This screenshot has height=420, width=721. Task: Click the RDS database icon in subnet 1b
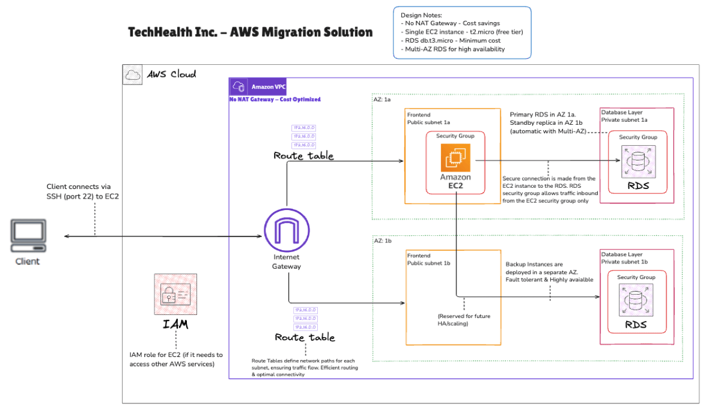pyautogui.click(x=636, y=301)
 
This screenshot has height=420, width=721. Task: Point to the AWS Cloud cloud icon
pyautogui.click(x=132, y=74)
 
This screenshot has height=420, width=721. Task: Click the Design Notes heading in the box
pyautogui.click(x=421, y=15)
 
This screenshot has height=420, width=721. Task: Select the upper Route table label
pyautogui.click(x=303, y=156)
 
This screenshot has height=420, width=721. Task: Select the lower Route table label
pyautogui.click(x=305, y=337)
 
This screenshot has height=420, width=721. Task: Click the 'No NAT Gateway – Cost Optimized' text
pyautogui.click(x=275, y=100)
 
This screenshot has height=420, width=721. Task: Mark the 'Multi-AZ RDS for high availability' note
pyautogui.click(x=454, y=49)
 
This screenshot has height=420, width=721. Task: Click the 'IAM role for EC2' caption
pyautogui.click(x=175, y=359)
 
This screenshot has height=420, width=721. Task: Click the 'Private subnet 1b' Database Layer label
pyautogui.click(x=624, y=262)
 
